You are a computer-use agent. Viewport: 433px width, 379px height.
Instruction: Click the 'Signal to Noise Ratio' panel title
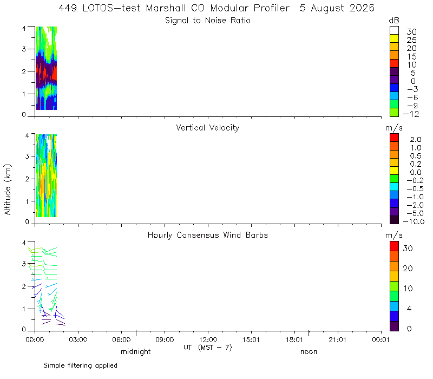208,21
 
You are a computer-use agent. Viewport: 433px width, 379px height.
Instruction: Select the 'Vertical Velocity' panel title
208,128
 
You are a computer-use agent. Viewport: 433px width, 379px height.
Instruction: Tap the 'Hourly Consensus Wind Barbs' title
208,235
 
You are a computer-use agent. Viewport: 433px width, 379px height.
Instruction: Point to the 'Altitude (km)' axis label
8,190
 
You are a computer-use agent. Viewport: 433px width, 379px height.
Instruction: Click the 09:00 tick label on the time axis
165,339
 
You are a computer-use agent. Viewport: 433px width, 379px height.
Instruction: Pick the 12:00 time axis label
208,339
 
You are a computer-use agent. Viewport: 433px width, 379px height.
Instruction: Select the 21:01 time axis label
337,339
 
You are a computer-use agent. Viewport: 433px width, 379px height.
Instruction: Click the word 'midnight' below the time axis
136,351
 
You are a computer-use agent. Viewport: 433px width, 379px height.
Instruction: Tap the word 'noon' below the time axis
309,352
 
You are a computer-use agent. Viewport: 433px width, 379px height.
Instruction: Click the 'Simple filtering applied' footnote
80,365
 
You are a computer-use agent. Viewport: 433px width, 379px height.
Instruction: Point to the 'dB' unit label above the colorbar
394,21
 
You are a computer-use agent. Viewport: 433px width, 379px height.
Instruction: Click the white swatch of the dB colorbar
394,30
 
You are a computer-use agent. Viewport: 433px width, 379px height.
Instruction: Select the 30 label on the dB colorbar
411,32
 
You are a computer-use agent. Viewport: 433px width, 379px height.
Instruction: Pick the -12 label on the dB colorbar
411,114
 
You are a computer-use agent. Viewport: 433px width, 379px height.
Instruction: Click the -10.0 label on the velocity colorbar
414,221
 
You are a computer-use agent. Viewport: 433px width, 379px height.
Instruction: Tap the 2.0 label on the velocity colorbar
416,140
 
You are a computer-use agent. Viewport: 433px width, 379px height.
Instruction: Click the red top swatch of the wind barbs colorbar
394,246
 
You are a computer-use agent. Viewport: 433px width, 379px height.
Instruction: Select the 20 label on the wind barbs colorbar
408,269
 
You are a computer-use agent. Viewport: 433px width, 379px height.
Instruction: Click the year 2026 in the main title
362,8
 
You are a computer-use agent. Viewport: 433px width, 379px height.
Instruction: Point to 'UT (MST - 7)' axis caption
208,348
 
